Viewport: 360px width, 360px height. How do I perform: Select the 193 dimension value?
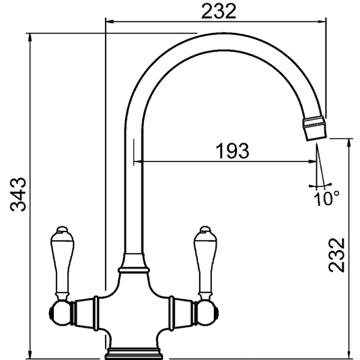(x=231, y=150)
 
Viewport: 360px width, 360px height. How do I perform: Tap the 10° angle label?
(x=326, y=198)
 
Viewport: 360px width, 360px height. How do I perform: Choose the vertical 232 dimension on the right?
(x=340, y=255)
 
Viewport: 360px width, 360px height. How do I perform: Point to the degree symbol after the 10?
(x=336, y=193)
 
